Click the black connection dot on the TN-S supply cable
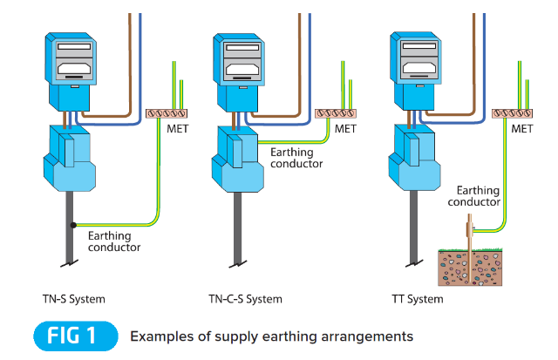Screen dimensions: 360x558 click(x=75, y=225)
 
